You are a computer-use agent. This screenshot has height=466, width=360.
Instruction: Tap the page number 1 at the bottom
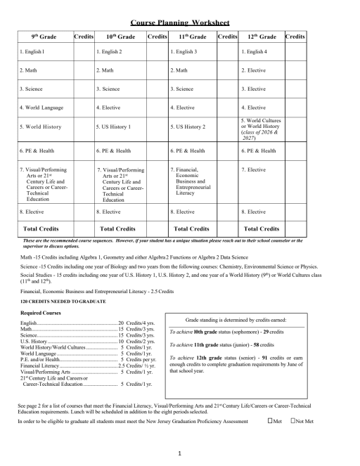pyautogui.click(x=181, y=453)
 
